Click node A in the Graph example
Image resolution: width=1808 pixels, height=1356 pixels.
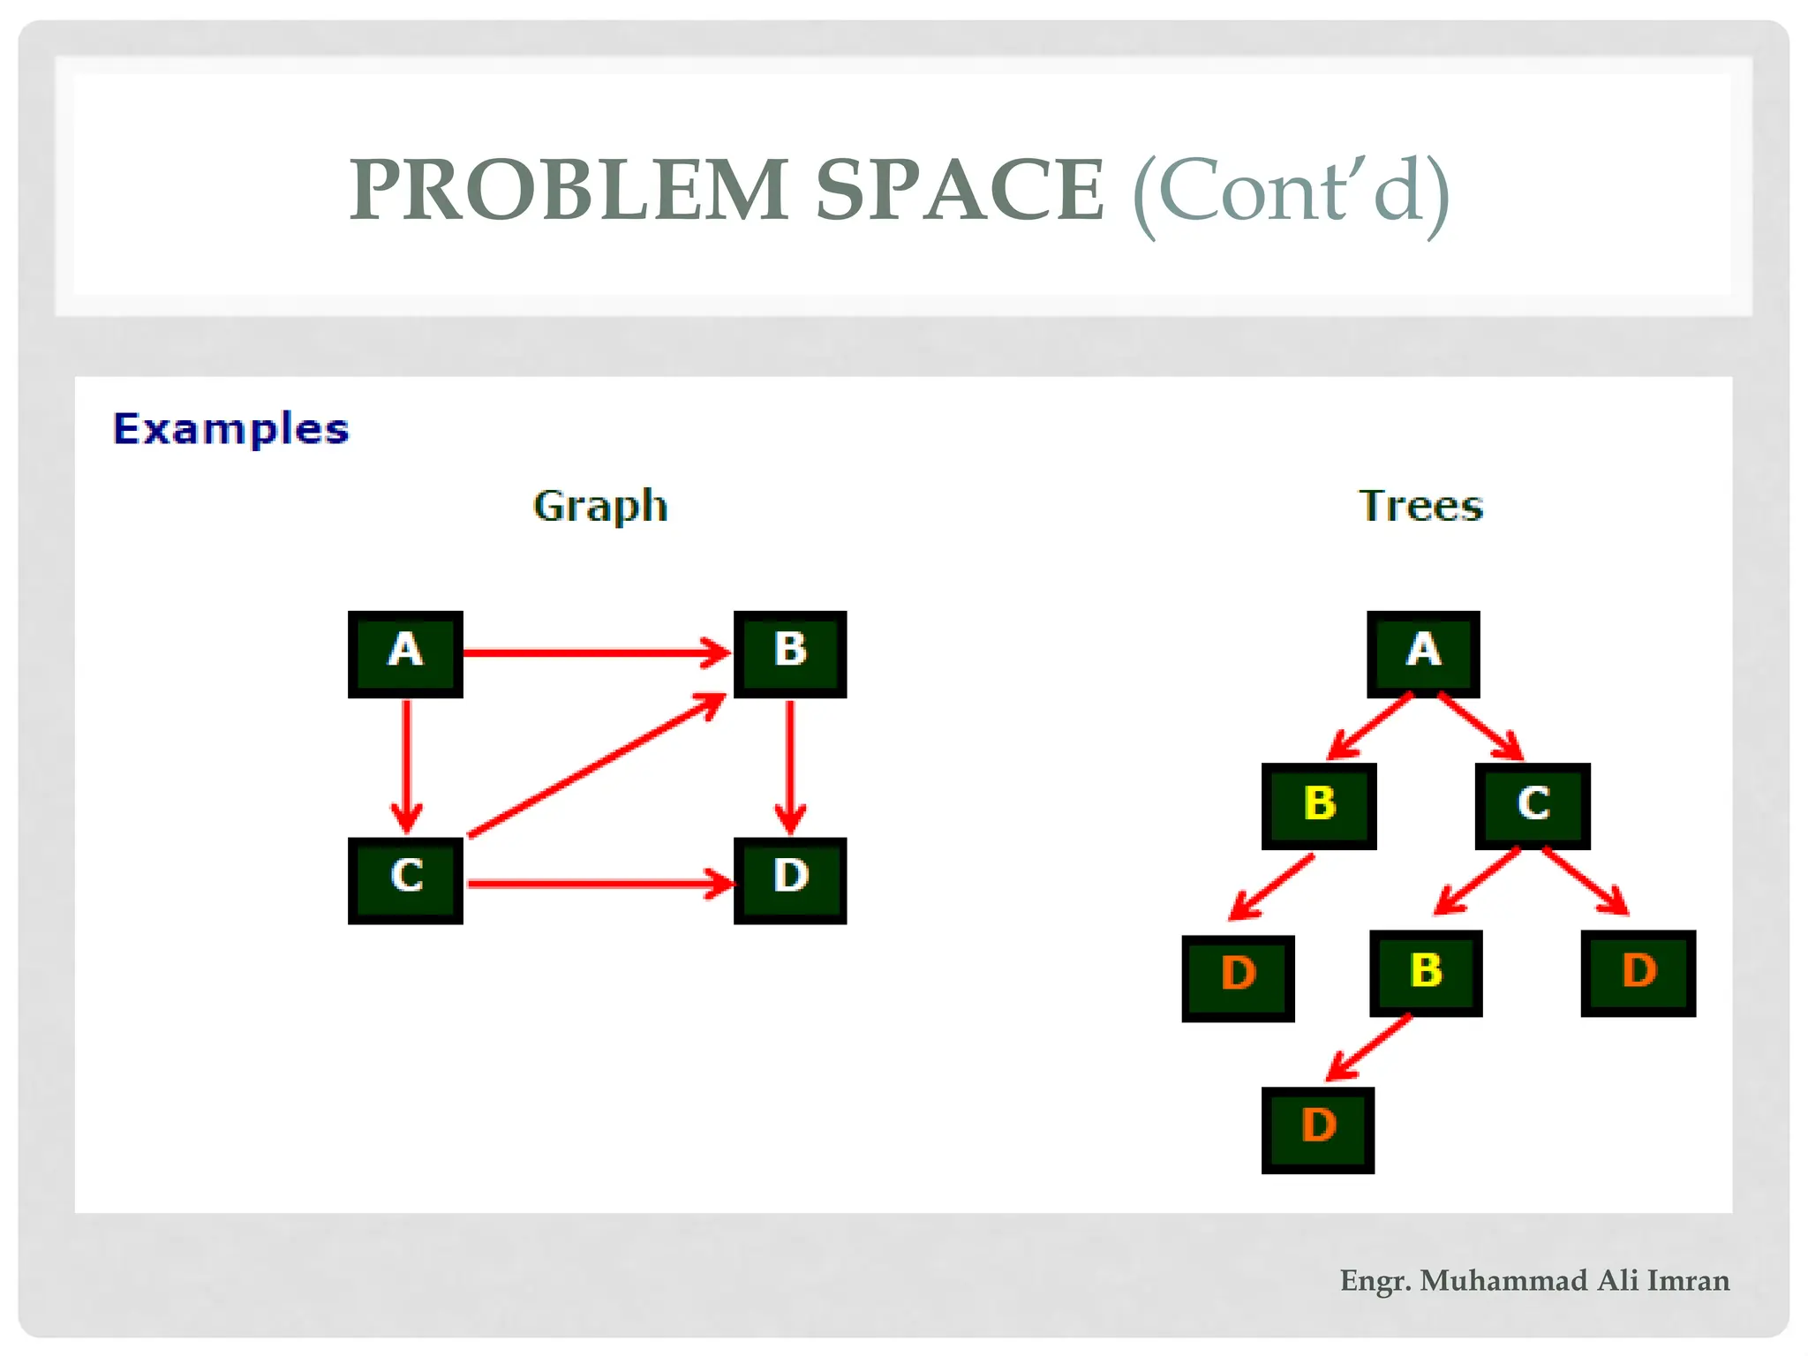pos(405,653)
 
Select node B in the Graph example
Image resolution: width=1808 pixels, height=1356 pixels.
pos(790,653)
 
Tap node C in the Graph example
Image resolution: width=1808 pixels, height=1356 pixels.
pos(405,879)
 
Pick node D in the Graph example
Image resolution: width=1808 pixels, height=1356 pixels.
pos(790,879)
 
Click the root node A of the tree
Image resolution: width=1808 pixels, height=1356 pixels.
pos(1423,653)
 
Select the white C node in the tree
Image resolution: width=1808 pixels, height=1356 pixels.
pos(1533,805)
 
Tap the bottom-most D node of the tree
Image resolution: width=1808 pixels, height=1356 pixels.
pos(1318,1129)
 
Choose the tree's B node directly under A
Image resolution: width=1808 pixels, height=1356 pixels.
pos(1319,805)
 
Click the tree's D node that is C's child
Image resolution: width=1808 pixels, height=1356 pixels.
pos(1638,973)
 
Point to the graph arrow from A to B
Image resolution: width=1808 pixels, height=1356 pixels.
pos(596,653)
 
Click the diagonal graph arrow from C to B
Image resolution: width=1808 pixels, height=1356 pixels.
pos(596,765)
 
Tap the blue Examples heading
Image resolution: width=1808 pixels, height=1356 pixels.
pos(231,429)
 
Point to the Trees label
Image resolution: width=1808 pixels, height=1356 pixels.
pos(1420,506)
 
